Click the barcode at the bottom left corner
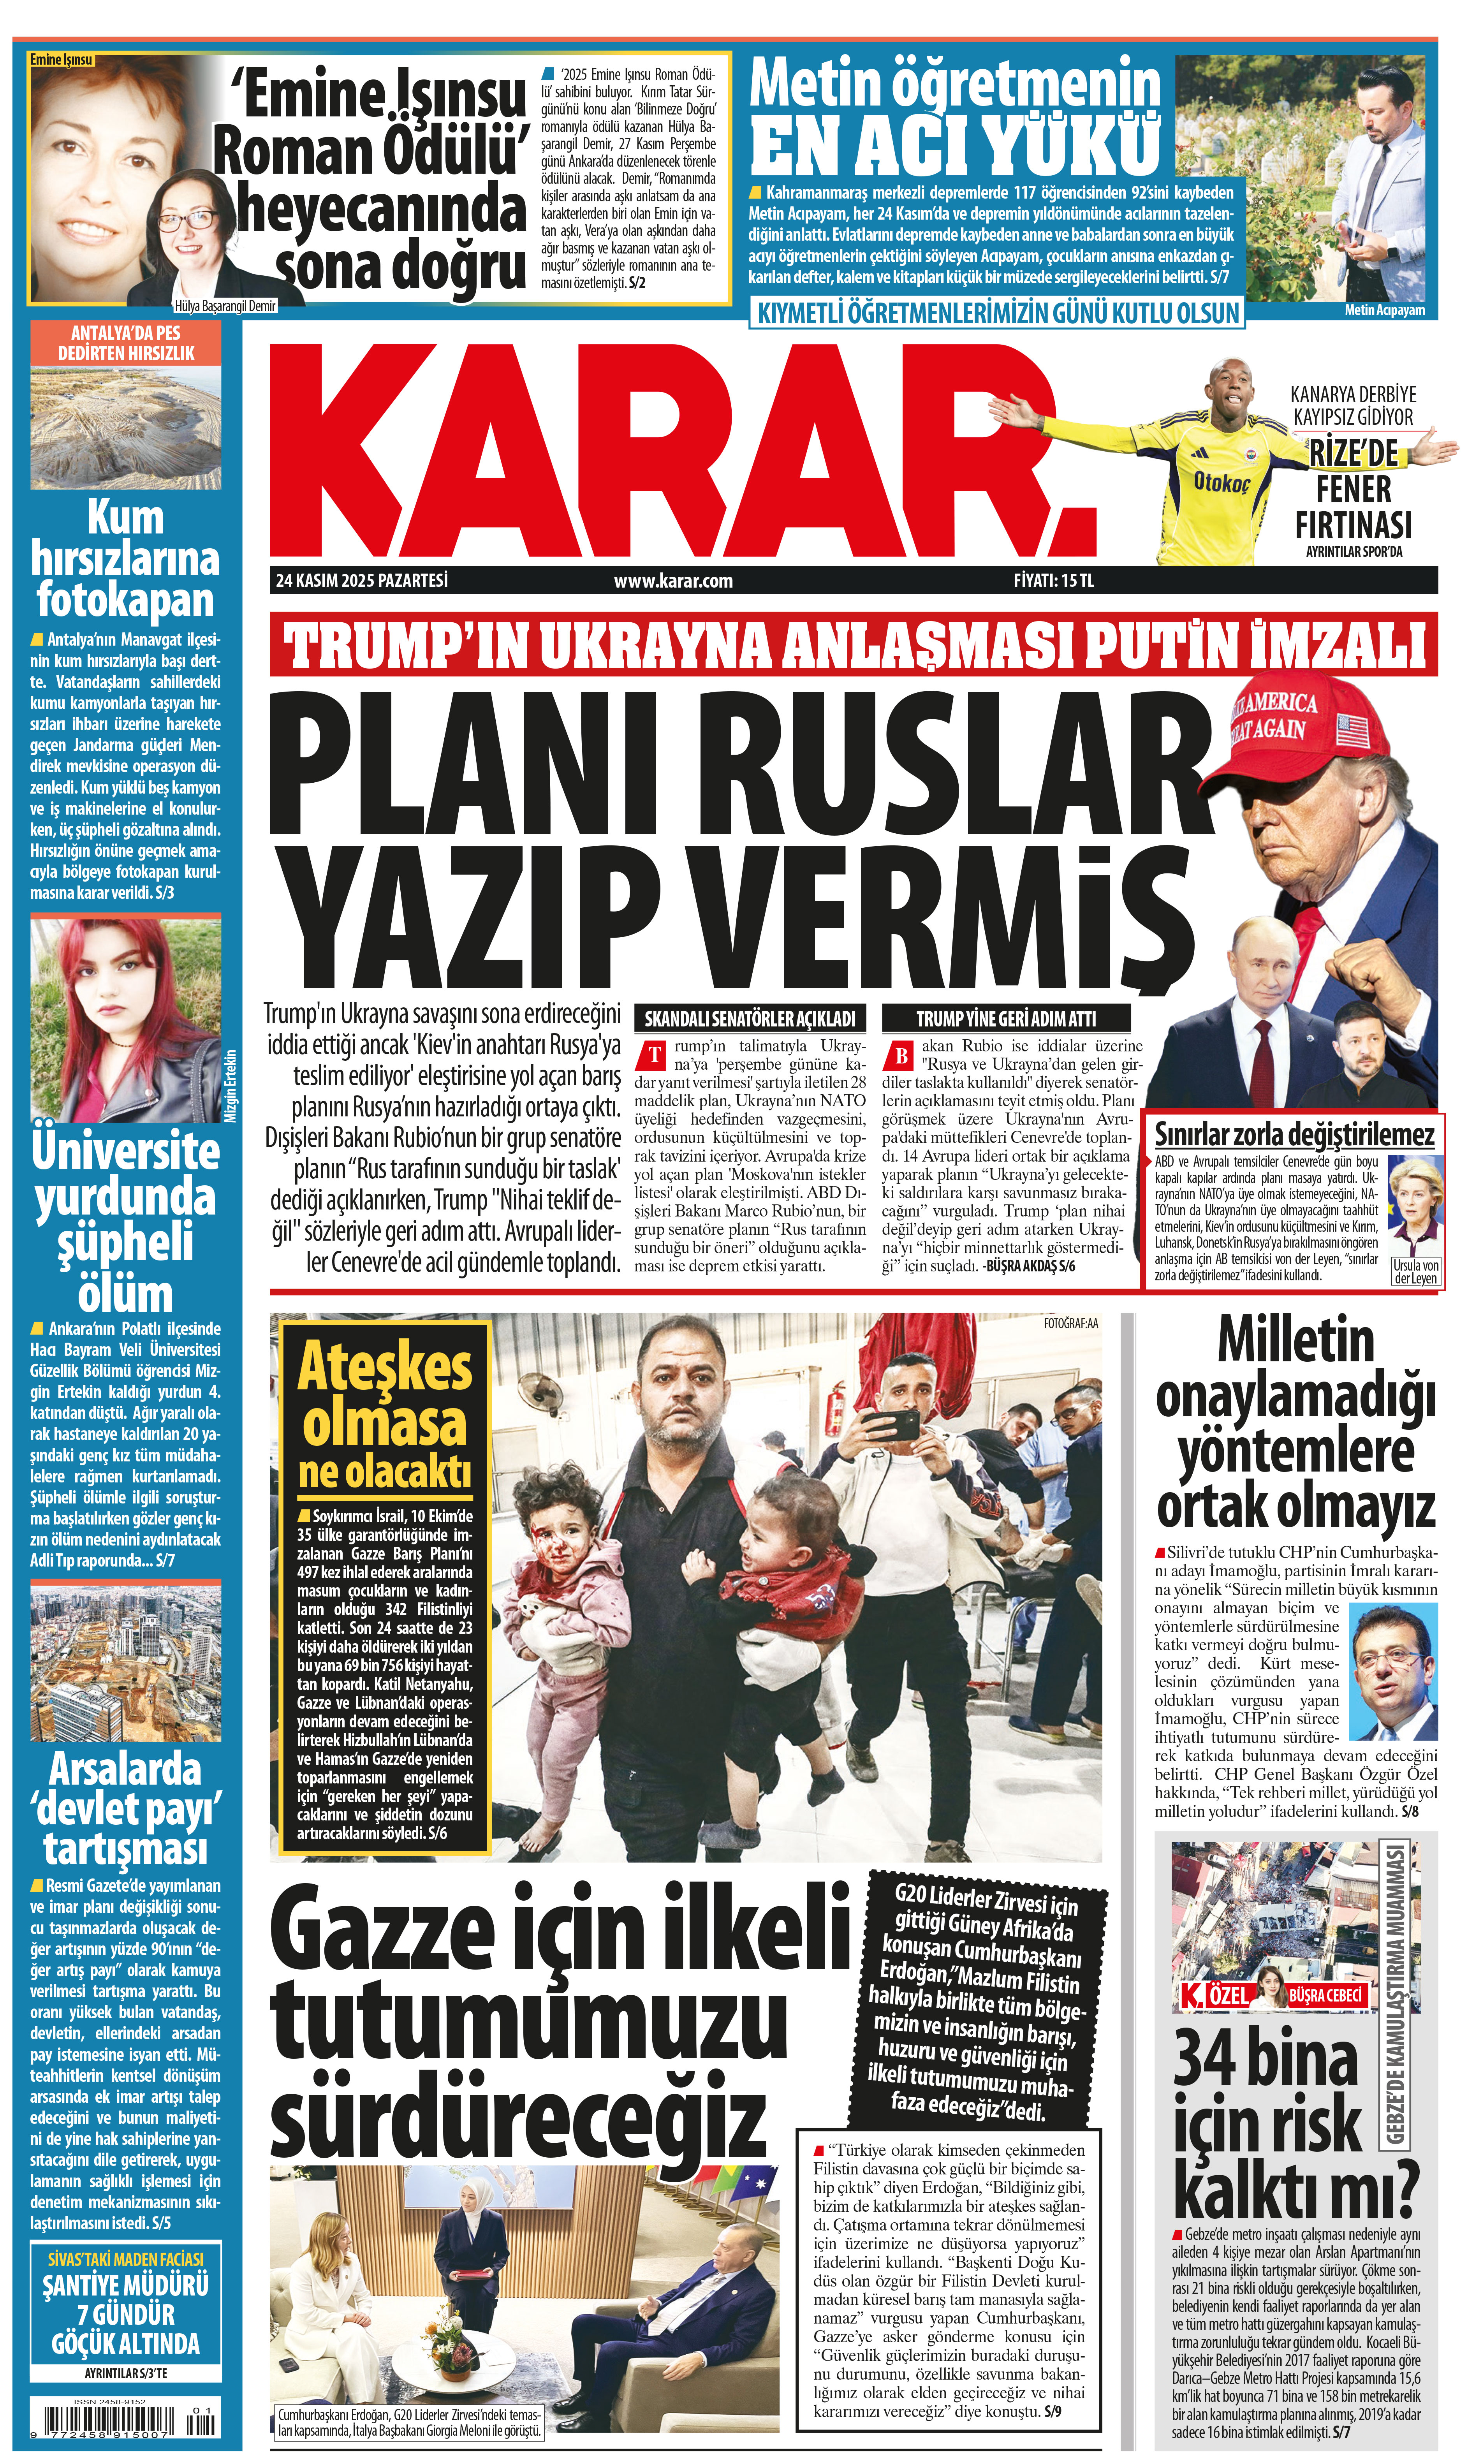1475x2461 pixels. pos(124,2427)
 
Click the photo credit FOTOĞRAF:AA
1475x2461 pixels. pos(1070,1323)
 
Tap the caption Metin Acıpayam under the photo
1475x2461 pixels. pos(1383,310)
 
